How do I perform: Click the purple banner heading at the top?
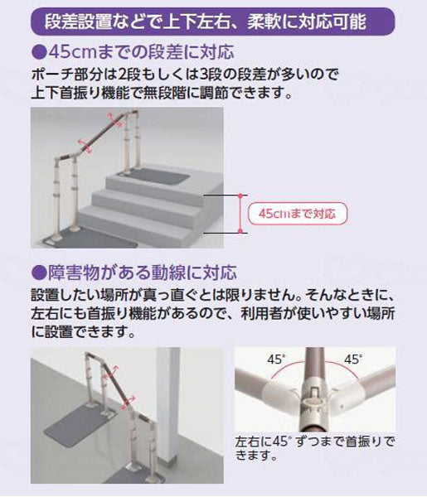pos(213,22)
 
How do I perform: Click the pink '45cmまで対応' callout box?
pos(298,214)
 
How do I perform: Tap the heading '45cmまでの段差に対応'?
pos(133,52)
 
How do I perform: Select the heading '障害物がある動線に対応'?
pos(134,273)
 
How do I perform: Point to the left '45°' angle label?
pos(276,359)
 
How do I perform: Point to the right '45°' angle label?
pos(353,359)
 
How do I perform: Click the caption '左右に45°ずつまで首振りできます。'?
pos(315,448)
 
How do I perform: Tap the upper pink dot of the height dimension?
pos(240,195)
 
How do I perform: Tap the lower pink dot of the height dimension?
pos(240,231)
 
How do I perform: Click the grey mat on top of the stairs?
pos(153,176)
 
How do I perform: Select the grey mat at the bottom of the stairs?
pos(90,238)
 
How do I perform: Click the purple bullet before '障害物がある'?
pos(39,273)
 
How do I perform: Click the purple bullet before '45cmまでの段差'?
pos(39,53)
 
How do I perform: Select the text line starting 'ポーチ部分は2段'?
pos(185,75)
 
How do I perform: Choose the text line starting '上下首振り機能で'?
pos(162,93)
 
